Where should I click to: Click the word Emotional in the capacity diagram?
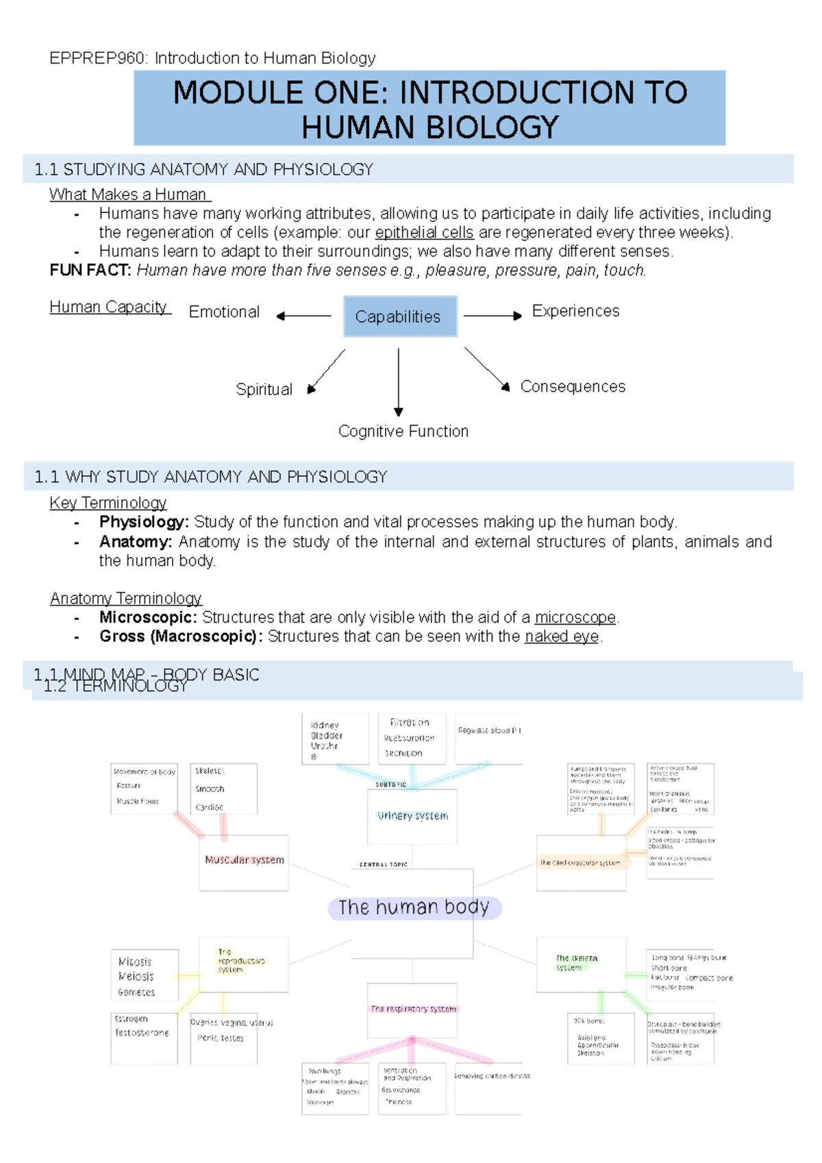pyautogui.click(x=224, y=312)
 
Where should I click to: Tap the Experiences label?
pyautogui.click(x=575, y=311)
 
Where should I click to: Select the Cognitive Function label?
pyautogui.click(x=403, y=432)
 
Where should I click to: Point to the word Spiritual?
pyautogui.click(x=264, y=390)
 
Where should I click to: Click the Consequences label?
pyautogui.click(x=573, y=387)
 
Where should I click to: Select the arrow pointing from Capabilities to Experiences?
pyautogui.click(x=492, y=316)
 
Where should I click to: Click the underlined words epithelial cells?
pyautogui.click(x=424, y=233)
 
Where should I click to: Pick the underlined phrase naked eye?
pyautogui.click(x=562, y=637)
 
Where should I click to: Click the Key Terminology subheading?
pyautogui.click(x=108, y=503)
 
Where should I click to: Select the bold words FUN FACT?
pyautogui.click(x=90, y=271)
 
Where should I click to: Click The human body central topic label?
pyautogui.click(x=414, y=908)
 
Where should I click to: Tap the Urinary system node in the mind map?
pyautogui.click(x=412, y=816)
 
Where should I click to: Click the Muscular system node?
pyautogui.click(x=244, y=860)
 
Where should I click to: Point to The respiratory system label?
pyautogui.click(x=413, y=1009)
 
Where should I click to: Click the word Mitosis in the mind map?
pyautogui.click(x=135, y=962)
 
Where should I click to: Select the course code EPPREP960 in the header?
pyautogui.click(x=97, y=58)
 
